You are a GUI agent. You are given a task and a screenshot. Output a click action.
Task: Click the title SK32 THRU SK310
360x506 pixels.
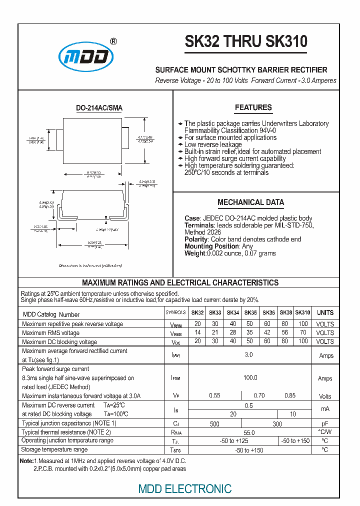click(246, 41)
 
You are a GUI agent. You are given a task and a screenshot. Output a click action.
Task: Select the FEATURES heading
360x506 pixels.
click(253, 107)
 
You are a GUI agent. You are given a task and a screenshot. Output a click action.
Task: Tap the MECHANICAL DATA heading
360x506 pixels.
click(250, 202)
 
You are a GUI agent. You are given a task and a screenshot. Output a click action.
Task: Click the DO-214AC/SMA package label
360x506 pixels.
click(99, 108)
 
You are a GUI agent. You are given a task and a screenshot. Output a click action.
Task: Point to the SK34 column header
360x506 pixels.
click(233, 312)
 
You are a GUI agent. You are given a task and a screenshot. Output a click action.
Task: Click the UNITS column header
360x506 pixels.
click(325, 312)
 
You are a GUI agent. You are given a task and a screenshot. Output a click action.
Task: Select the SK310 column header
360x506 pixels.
click(302, 312)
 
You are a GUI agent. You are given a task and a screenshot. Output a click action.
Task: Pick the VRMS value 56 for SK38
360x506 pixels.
click(285, 332)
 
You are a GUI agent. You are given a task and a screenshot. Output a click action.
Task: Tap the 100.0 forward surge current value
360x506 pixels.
click(250, 377)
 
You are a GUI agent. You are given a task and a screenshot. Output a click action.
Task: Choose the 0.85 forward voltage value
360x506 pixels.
click(290, 395)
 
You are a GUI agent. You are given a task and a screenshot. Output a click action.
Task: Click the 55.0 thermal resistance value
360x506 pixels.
click(249, 432)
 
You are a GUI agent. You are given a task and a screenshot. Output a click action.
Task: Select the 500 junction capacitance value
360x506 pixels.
click(214, 424)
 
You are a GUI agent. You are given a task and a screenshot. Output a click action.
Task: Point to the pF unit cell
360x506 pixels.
click(325, 423)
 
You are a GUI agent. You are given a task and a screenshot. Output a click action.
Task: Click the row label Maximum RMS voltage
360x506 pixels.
click(50, 333)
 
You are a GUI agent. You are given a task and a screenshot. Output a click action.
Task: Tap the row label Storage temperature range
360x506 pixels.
click(54, 450)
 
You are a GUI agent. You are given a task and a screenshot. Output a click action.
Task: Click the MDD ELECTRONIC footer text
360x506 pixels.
click(185, 488)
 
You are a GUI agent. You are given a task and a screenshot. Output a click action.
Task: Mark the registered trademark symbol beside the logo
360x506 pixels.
click(113, 42)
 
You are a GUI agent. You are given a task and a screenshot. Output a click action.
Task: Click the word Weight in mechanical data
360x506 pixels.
click(194, 253)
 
